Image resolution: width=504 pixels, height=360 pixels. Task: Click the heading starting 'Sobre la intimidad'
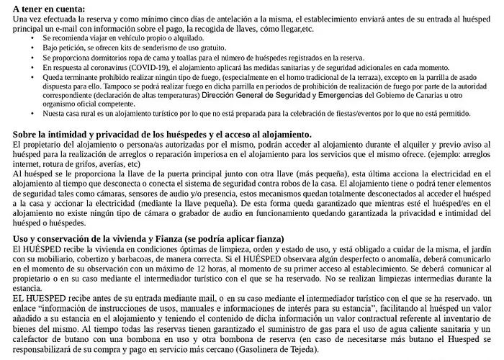click(161, 135)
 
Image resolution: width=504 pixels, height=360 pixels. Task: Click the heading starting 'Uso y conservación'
click(148, 238)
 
